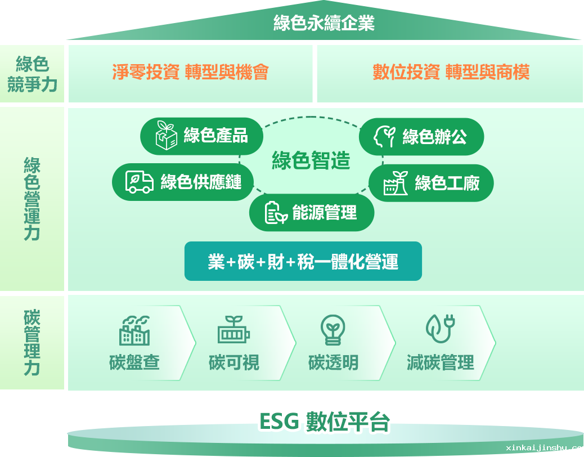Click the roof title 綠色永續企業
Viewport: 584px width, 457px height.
point(324,23)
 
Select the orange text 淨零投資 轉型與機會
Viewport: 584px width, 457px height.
point(190,72)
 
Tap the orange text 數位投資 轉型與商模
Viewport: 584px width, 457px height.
point(451,72)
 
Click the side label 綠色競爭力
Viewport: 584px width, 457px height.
point(33,74)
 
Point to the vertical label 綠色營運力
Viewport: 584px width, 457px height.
point(32,199)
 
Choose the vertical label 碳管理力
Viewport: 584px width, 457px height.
point(32,342)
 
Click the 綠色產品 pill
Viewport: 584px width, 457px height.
point(201,136)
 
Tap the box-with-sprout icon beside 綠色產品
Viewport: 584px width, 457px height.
point(166,135)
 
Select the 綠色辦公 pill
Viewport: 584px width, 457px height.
point(421,137)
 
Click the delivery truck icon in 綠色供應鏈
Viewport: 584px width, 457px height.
point(140,182)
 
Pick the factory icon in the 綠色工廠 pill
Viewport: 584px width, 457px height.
point(396,183)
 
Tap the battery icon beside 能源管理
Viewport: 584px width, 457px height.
point(276,213)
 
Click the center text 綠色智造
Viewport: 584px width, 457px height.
point(311,160)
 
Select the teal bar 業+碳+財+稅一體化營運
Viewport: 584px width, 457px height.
point(303,261)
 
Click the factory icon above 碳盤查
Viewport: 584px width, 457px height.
point(134,330)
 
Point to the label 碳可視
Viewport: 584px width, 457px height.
point(234,362)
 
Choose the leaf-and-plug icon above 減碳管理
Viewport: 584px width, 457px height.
point(441,329)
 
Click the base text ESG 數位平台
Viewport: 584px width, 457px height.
point(325,422)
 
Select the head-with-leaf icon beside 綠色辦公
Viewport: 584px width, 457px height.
point(384,137)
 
